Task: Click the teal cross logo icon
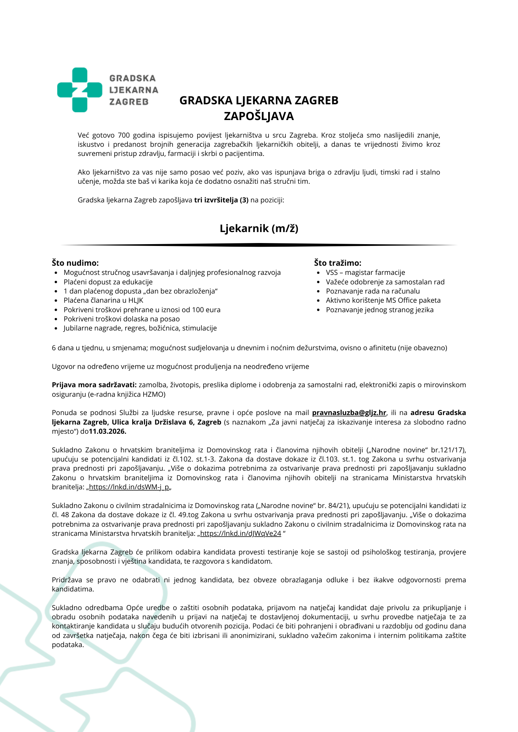79,90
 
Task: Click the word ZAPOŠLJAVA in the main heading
259,116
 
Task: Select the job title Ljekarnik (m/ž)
259,228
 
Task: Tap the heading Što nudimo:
75,263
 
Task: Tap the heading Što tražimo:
337,263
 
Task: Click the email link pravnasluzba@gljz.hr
349,413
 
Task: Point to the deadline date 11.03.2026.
108,431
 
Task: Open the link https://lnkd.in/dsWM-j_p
129,487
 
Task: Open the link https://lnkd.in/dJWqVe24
240,534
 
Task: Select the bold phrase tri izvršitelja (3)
221,200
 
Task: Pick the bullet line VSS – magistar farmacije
365,272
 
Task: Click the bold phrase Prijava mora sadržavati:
94,385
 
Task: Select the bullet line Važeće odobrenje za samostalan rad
385,282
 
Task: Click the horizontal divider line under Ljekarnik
259,245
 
